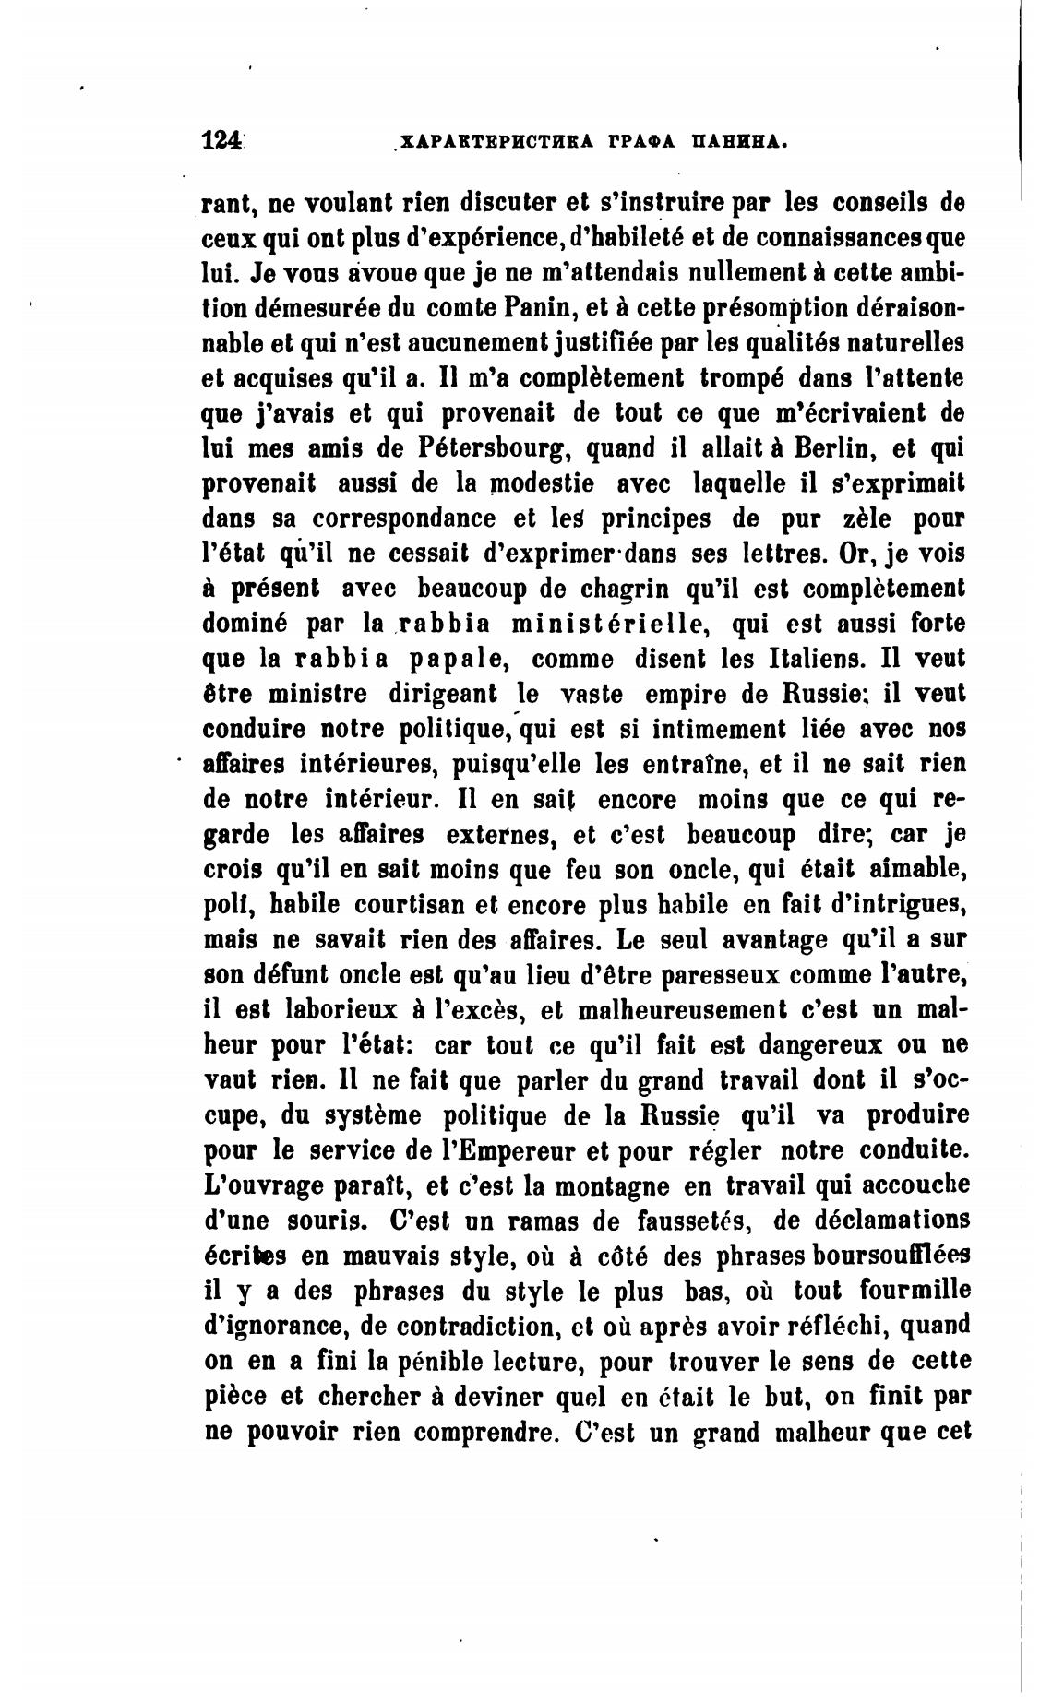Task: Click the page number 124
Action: coord(221,140)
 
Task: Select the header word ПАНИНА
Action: coord(740,142)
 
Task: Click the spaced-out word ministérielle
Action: coord(608,625)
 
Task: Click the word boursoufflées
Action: coord(878,1256)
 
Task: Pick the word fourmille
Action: coord(914,1292)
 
